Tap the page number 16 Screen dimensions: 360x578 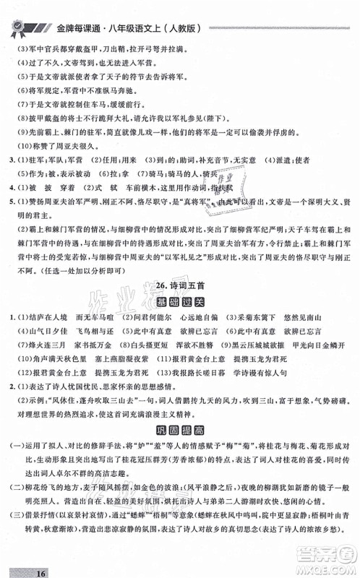tap(20, 568)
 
